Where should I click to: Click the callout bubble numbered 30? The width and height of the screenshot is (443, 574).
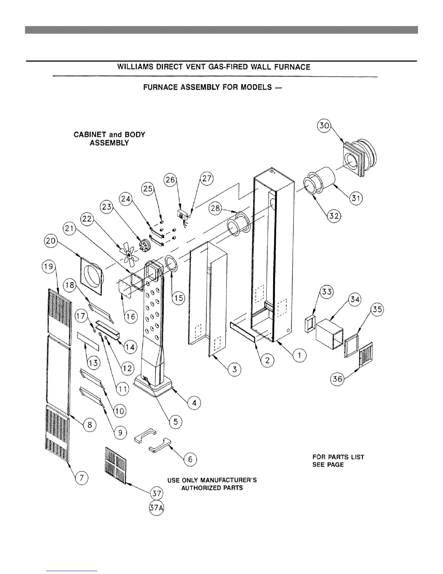coord(324,126)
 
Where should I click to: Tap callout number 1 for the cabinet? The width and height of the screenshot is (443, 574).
coord(299,355)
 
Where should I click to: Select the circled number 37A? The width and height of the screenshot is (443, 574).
coord(156,508)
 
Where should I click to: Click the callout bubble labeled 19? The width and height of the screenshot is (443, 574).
coord(48,267)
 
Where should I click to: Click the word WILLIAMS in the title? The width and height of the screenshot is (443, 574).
coord(135,67)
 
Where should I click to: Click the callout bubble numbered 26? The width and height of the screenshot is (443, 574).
coord(170,179)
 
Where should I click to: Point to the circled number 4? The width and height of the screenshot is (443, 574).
coord(194,403)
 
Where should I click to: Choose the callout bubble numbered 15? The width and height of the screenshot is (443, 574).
coord(178,298)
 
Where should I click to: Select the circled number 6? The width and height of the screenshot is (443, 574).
coord(190,459)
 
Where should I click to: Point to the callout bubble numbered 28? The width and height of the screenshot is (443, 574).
coord(216,208)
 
